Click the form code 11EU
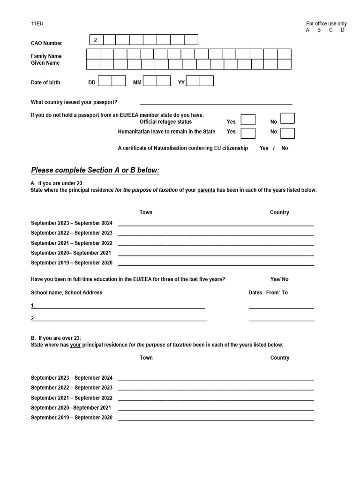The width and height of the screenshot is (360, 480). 37,23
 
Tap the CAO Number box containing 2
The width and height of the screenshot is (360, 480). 96,40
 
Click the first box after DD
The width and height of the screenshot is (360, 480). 105,81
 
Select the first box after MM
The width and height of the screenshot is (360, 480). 150,81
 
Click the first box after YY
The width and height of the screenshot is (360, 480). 193,81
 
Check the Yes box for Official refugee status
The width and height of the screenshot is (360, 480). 248,120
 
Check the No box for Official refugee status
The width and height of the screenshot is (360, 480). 287,119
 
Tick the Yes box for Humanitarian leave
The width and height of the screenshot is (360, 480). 248,133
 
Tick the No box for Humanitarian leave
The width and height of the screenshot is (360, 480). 287,133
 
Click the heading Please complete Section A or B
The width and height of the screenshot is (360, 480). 95,170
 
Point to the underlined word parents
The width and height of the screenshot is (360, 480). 206,190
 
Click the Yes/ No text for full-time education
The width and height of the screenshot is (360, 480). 279,279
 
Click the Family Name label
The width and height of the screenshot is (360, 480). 46,56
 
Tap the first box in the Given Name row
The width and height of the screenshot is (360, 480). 93,64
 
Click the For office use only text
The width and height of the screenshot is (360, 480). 326,23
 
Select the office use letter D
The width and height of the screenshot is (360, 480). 343,30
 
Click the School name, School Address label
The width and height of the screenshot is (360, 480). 67,292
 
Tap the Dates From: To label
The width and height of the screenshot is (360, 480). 268,292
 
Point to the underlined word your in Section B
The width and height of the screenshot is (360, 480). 75,345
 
